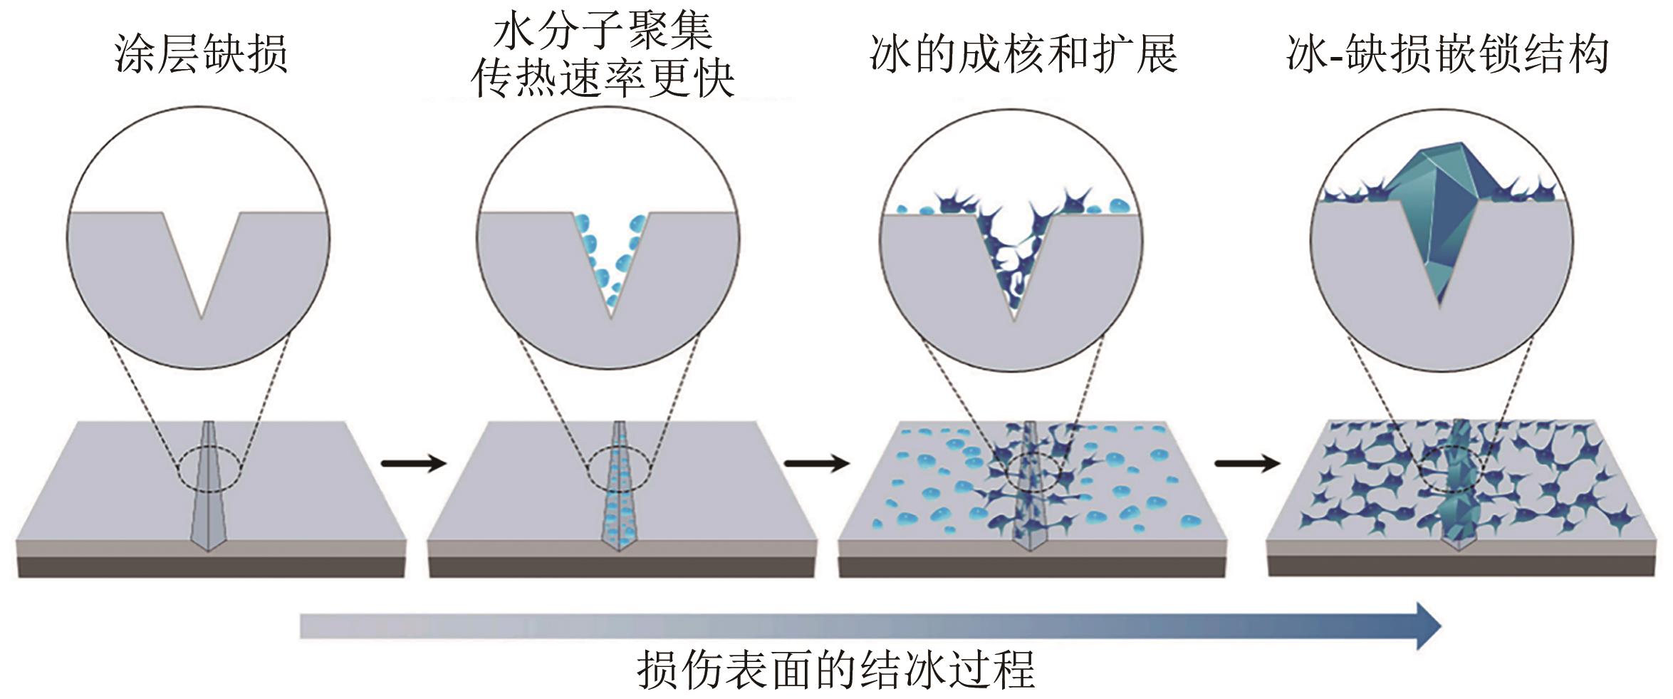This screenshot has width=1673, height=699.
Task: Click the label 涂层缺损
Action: pos(201,54)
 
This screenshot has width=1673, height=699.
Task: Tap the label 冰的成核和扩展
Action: pos(1023,54)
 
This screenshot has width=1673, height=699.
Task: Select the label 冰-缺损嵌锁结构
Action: pos(1447,54)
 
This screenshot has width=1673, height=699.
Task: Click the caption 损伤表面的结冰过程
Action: pos(835,669)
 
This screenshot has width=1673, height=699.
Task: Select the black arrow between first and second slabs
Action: pos(414,464)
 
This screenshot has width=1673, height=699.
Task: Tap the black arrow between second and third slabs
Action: pos(817,464)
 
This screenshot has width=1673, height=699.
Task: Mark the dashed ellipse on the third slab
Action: pos(1031,470)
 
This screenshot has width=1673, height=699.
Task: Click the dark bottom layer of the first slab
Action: pos(211,566)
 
